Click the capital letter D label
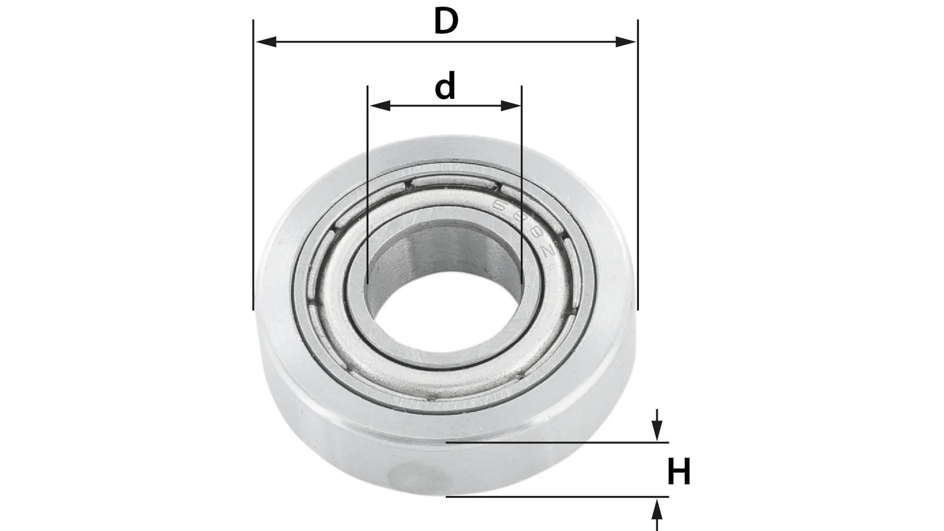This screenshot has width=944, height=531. [446, 22]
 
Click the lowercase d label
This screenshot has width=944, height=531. [445, 86]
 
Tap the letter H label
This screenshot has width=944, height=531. [679, 472]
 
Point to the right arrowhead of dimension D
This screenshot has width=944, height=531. [625, 42]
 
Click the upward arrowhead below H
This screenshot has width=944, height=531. [657, 509]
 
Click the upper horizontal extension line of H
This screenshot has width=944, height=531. [557, 443]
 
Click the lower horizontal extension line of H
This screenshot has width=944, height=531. [557, 497]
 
